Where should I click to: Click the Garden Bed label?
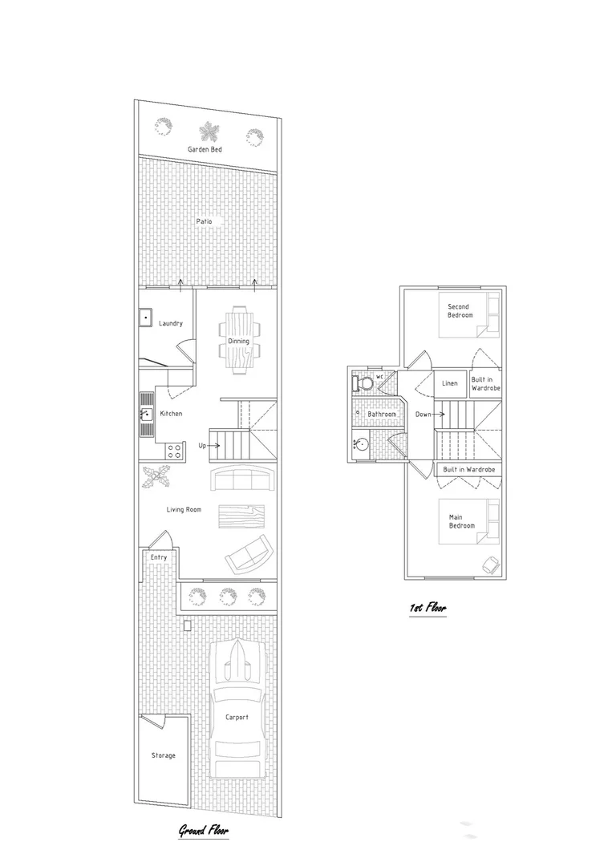point(205,150)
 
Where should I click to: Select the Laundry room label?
point(171,323)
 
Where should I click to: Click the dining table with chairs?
point(239,341)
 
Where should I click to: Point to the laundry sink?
point(146,318)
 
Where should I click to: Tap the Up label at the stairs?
point(203,446)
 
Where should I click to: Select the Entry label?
point(158,556)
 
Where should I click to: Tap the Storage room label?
point(164,755)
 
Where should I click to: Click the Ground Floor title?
point(203,832)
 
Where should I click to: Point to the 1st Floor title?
point(427,609)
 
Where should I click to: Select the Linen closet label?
point(450,383)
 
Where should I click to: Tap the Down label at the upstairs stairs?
point(423,415)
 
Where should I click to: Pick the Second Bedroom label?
point(459,310)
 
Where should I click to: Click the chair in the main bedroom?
point(488,564)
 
